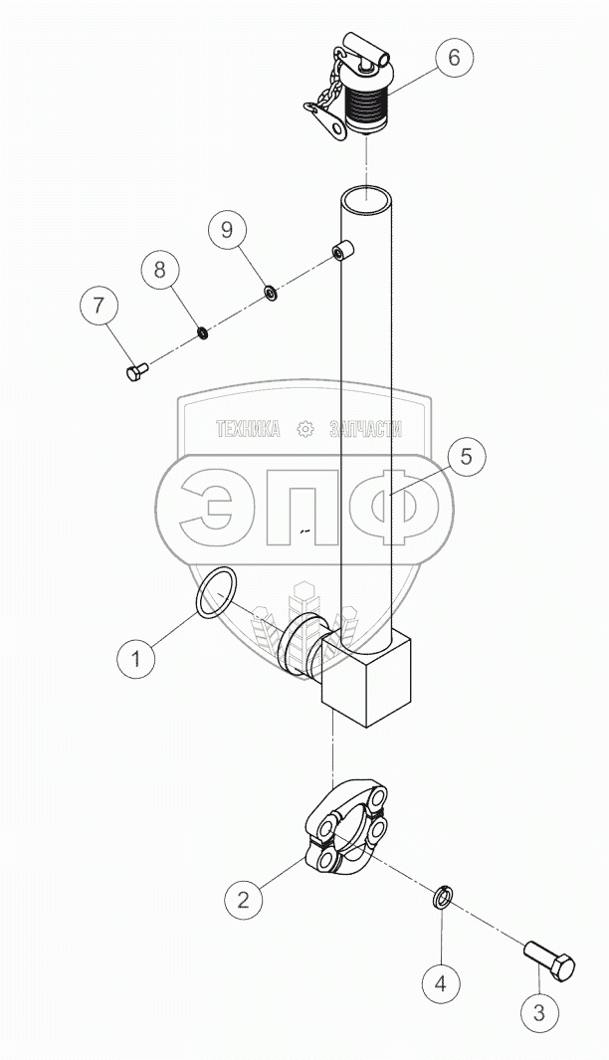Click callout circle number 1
(137, 657)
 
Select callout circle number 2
(244, 899)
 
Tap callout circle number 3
(538, 1012)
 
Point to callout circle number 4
(441, 982)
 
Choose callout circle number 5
(467, 456)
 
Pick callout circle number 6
(454, 58)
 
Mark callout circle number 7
(99, 307)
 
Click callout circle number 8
(159, 271)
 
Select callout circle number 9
(227, 230)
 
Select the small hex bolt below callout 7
(137, 371)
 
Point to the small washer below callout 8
(201, 332)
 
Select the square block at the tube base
(367, 676)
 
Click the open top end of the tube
(365, 199)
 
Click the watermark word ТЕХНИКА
(248, 429)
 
